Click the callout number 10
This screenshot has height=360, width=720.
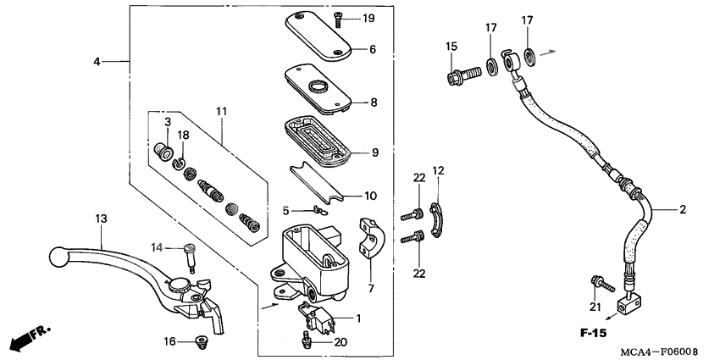(x=370, y=196)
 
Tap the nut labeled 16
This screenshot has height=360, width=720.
(x=201, y=341)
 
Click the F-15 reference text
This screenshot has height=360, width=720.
(x=593, y=334)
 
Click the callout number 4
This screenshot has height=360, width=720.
(x=97, y=62)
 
